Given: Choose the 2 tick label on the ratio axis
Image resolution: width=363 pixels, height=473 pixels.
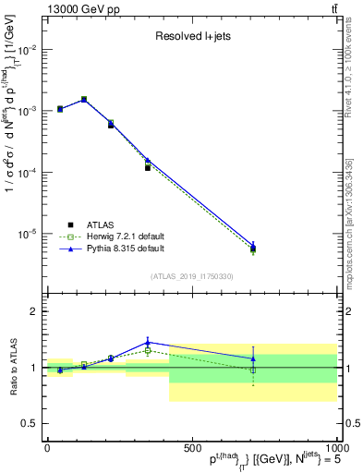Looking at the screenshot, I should coord(33,311).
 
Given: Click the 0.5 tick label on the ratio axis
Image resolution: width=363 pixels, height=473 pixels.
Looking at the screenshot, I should coord(30,423).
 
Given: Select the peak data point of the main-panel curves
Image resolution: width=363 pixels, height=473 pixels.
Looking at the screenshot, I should coord(84,99).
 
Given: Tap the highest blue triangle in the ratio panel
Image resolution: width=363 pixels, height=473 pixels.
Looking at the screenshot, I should coord(148,342).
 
